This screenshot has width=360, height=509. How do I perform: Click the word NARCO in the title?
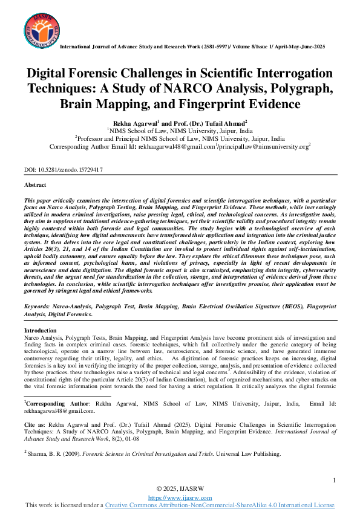(180, 88)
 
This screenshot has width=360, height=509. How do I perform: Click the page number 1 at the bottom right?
(334, 480)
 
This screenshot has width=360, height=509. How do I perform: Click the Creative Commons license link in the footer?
(220, 504)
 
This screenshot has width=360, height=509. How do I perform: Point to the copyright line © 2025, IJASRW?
(180, 488)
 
